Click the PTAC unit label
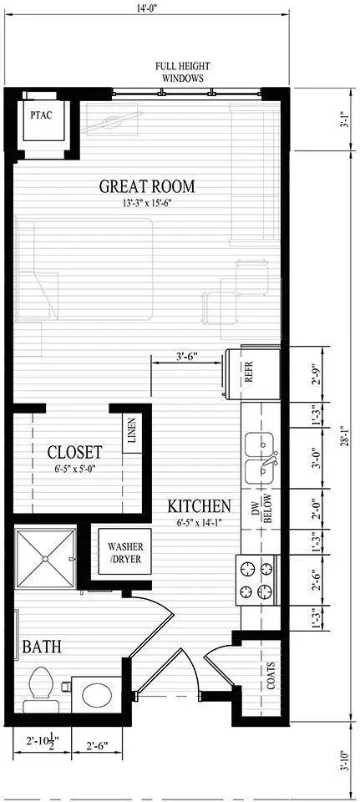(42, 114)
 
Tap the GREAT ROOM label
(152, 186)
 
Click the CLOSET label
(74, 452)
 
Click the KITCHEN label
(199, 505)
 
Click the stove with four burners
(257, 580)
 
